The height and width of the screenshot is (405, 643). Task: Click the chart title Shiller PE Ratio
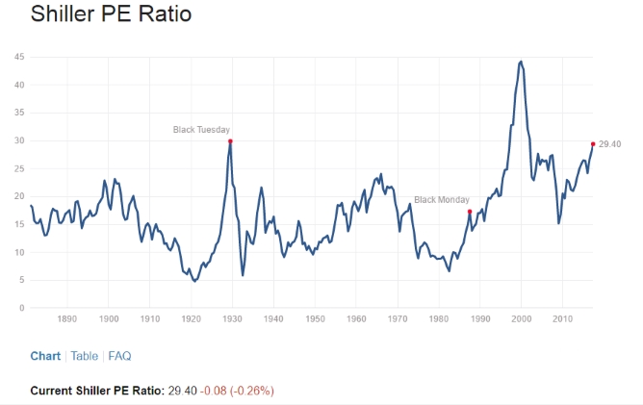pyautogui.click(x=111, y=15)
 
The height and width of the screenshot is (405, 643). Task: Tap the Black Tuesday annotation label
pyautogui.click(x=201, y=129)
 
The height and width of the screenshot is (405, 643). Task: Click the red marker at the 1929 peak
pyautogui.click(x=230, y=141)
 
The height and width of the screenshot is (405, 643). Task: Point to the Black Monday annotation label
pyautogui.click(x=442, y=200)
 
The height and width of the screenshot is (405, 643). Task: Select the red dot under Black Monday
pyautogui.click(x=470, y=212)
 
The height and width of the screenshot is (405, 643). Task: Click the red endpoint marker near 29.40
pyautogui.click(x=592, y=143)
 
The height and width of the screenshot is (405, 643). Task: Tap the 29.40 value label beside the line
pyautogui.click(x=609, y=143)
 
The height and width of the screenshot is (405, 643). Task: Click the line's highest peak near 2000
pyautogui.click(x=521, y=62)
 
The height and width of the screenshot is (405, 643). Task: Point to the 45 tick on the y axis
pyautogui.click(x=19, y=58)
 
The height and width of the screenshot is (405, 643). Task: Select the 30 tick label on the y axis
pyautogui.click(x=19, y=141)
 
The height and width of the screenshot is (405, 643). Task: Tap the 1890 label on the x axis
pyautogui.click(x=67, y=318)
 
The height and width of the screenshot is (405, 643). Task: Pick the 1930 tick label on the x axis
pyautogui.click(x=232, y=318)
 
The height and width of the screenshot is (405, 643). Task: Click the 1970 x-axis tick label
pyautogui.click(x=398, y=318)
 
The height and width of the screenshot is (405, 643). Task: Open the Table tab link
pyautogui.click(x=84, y=356)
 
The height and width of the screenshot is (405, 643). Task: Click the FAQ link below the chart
pyautogui.click(x=119, y=356)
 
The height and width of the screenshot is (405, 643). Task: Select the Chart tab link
pyautogui.click(x=45, y=356)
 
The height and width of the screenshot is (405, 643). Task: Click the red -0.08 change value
pyautogui.click(x=214, y=391)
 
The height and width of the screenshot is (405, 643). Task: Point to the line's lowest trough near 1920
pyautogui.click(x=194, y=281)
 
